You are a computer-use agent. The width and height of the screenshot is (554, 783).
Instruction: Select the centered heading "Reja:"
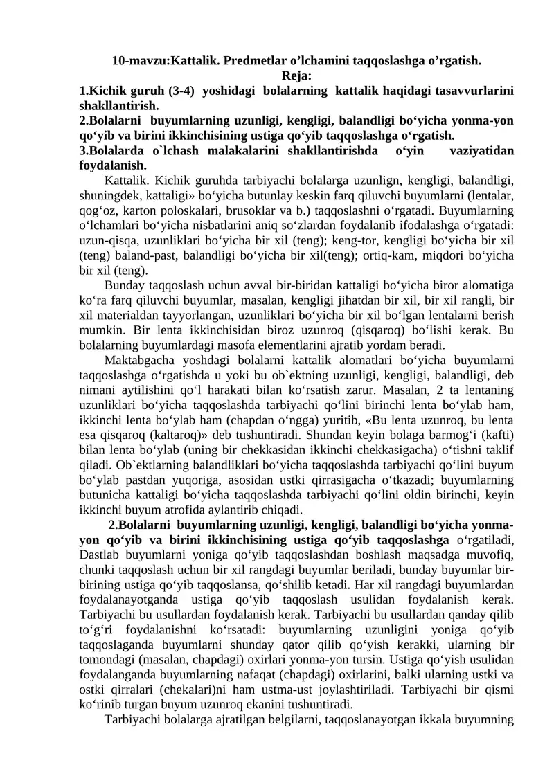[296, 75]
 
